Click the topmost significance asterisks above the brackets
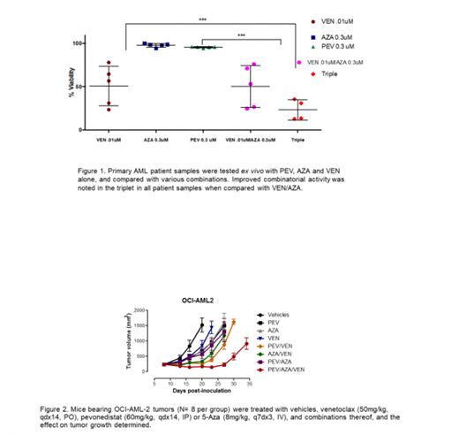(202, 19)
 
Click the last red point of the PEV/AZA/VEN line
(246, 345)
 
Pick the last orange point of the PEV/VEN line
(234, 322)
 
